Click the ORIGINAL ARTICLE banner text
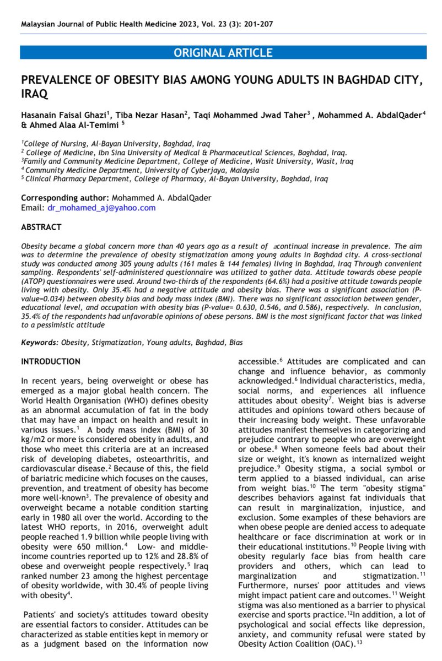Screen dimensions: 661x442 coord(223,53)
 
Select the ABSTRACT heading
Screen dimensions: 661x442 coord(41,227)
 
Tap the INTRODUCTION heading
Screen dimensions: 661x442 coord(50,361)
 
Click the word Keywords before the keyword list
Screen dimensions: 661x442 coord(39,342)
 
